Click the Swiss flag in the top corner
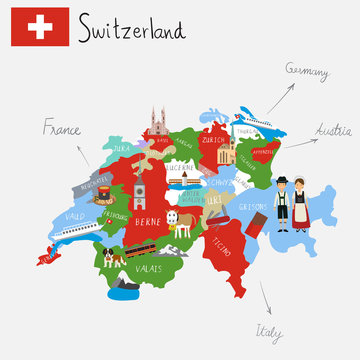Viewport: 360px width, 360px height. click(40, 26)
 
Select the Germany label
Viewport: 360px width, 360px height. click(307, 70)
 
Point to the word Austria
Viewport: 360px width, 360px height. click(333, 131)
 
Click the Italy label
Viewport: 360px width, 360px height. click(268, 331)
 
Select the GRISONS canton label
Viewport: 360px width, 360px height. click(254, 207)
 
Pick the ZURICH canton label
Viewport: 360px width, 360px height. click(213, 141)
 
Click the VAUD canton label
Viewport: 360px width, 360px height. click(74, 216)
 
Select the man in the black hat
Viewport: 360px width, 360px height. click(282, 204)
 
